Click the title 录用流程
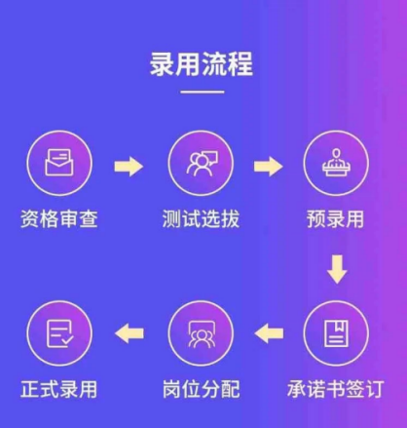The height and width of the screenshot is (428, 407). pyautogui.click(x=201, y=64)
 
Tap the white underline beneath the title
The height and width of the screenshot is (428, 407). pyautogui.click(x=203, y=92)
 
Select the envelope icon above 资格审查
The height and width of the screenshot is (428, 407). pyautogui.click(x=59, y=163)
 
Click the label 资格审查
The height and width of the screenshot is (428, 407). pyautogui.click(x=59, y=218)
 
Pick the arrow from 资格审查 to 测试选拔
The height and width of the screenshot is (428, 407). pyautogui.click(x=129, y=166)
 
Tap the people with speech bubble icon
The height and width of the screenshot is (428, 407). pyautogui.click(x=202, y=164)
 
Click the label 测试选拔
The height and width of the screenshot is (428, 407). pyautogui.click(x=201, y=218)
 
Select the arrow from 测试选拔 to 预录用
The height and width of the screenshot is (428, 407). pyautogui.click(x=268, y=166)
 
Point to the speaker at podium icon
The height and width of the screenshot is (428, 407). pyautogui.click(x=337, y=162)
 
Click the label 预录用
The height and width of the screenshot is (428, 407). pyautogui.click(x=336, y=218)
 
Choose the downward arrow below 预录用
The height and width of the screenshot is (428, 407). pyautogui.click(x=337, y=269)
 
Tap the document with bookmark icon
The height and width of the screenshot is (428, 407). pyautogui.click(x=337, y=333)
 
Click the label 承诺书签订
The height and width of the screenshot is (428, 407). pyautogui.click(x=336, y=389)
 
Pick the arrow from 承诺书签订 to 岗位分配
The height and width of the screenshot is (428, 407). pyautogui.click(x=269, y=333)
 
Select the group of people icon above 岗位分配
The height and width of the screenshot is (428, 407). pyautogui.click(x=202, y=334)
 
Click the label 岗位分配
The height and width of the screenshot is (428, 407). pyautogui.click(x=201, y=389)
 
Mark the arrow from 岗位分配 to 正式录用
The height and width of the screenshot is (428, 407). pyautogui.click(x=129, y=333)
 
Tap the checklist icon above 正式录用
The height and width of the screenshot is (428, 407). pyautogui.click(x=59, y=333)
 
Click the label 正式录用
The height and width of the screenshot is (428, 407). pyautogui.click(x=59, y=389)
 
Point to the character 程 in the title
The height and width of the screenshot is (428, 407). pyautogui.click(x=240, y=64)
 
